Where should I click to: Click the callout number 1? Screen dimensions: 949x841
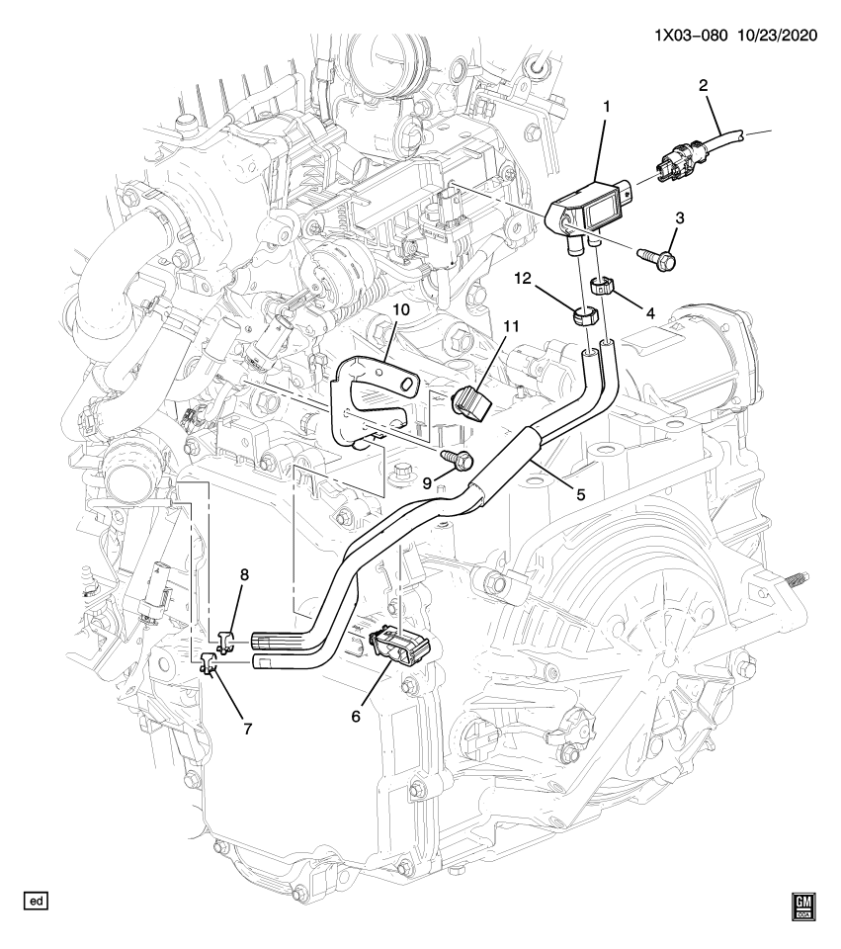608,104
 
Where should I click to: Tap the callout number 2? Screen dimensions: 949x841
703,86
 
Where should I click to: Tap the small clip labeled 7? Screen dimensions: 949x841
208,664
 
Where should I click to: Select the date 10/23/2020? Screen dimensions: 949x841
780,36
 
